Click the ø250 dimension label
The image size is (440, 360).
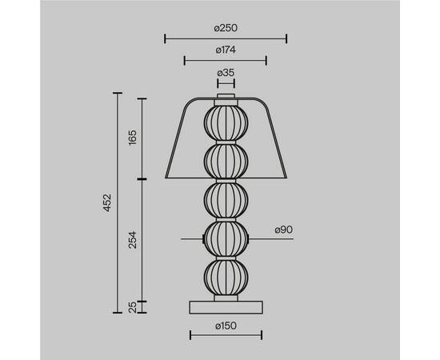click(x=226, y=28)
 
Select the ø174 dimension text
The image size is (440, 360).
click(x=226, y=50)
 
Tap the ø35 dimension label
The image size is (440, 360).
click(x=226, y=73)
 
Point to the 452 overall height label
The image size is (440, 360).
click(x=107, y=202)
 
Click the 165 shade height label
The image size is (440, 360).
click(x=132, y=138)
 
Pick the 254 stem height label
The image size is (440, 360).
click(x=132, y=240)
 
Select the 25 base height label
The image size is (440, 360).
click(x=132, y=307)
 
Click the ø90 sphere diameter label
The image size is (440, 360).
click(x=284, y=230)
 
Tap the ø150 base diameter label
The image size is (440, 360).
click(x=226, y=326)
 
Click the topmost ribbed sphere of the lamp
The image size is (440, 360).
click(x=226, y=123)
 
